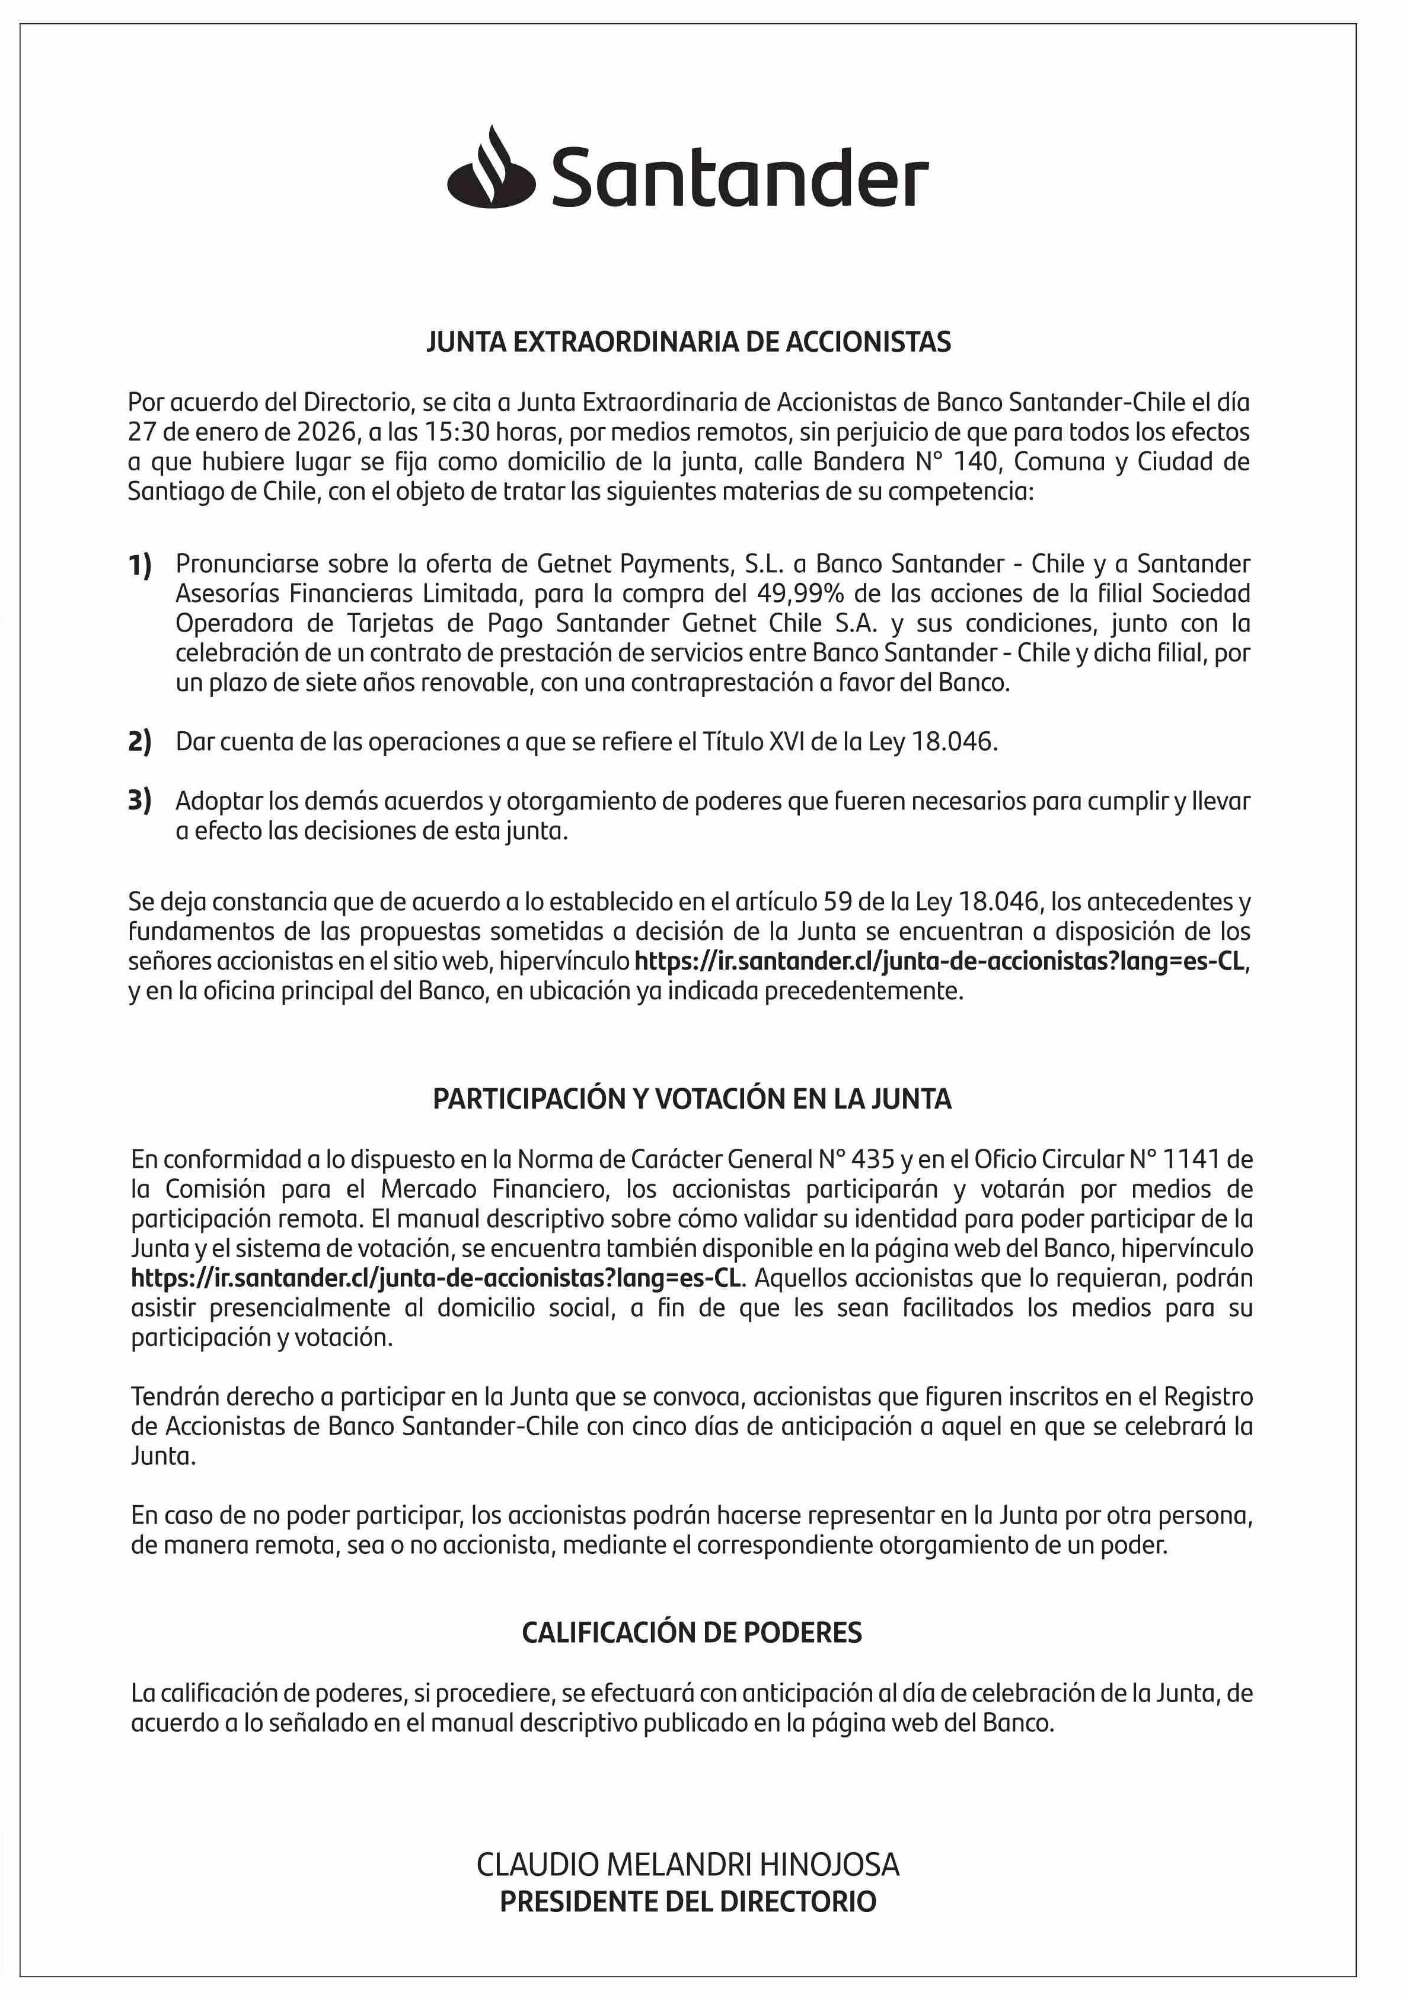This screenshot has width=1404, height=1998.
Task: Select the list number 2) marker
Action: pos(140,741)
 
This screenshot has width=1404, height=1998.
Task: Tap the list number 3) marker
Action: pos(140,799)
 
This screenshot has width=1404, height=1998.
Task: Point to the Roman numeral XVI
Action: pos(786,741)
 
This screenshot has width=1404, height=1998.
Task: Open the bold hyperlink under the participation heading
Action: pos(438,1279)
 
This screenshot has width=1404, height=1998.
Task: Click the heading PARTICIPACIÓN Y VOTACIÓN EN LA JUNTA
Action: pos(691,1099)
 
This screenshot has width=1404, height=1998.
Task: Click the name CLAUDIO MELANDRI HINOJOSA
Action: pos(687,1865)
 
